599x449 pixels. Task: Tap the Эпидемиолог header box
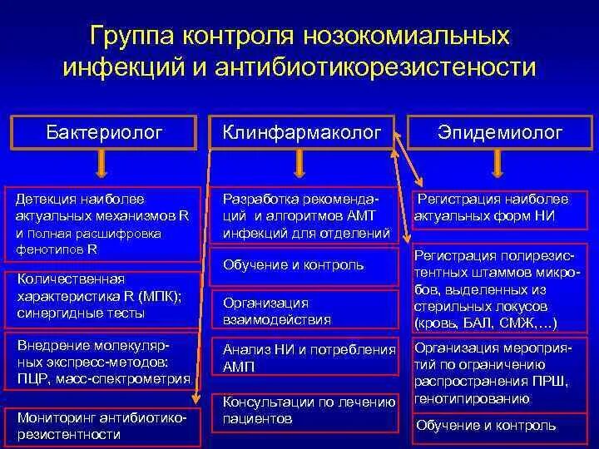tap(500, 131)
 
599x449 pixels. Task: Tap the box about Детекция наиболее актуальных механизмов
tap(103, 224)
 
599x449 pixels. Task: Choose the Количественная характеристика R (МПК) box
tap(103, 296)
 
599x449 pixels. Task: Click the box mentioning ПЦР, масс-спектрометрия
tap(103, 360)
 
